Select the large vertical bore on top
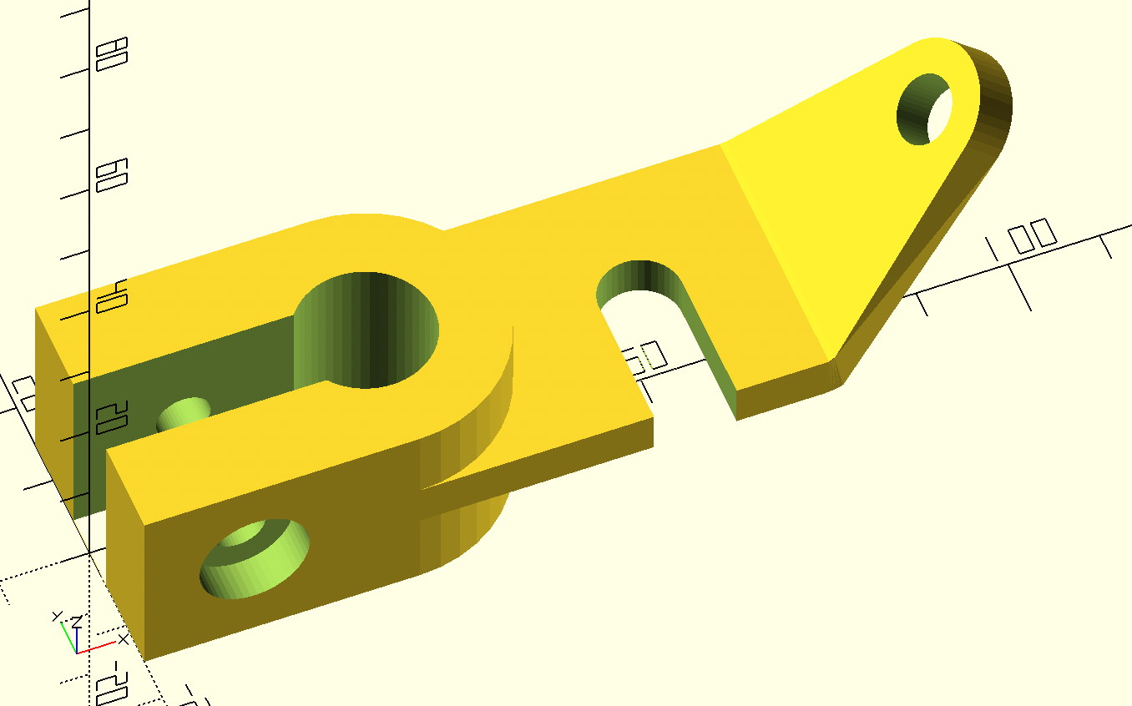click(x=367, y=329)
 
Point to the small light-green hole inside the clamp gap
click(x=184, y=414)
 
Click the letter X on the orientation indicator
click(x=124, y=639)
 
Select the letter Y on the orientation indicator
click(x=57, y=617)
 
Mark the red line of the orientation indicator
click(x=97, y=648)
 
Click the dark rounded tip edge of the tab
click(x=993, y=92)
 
